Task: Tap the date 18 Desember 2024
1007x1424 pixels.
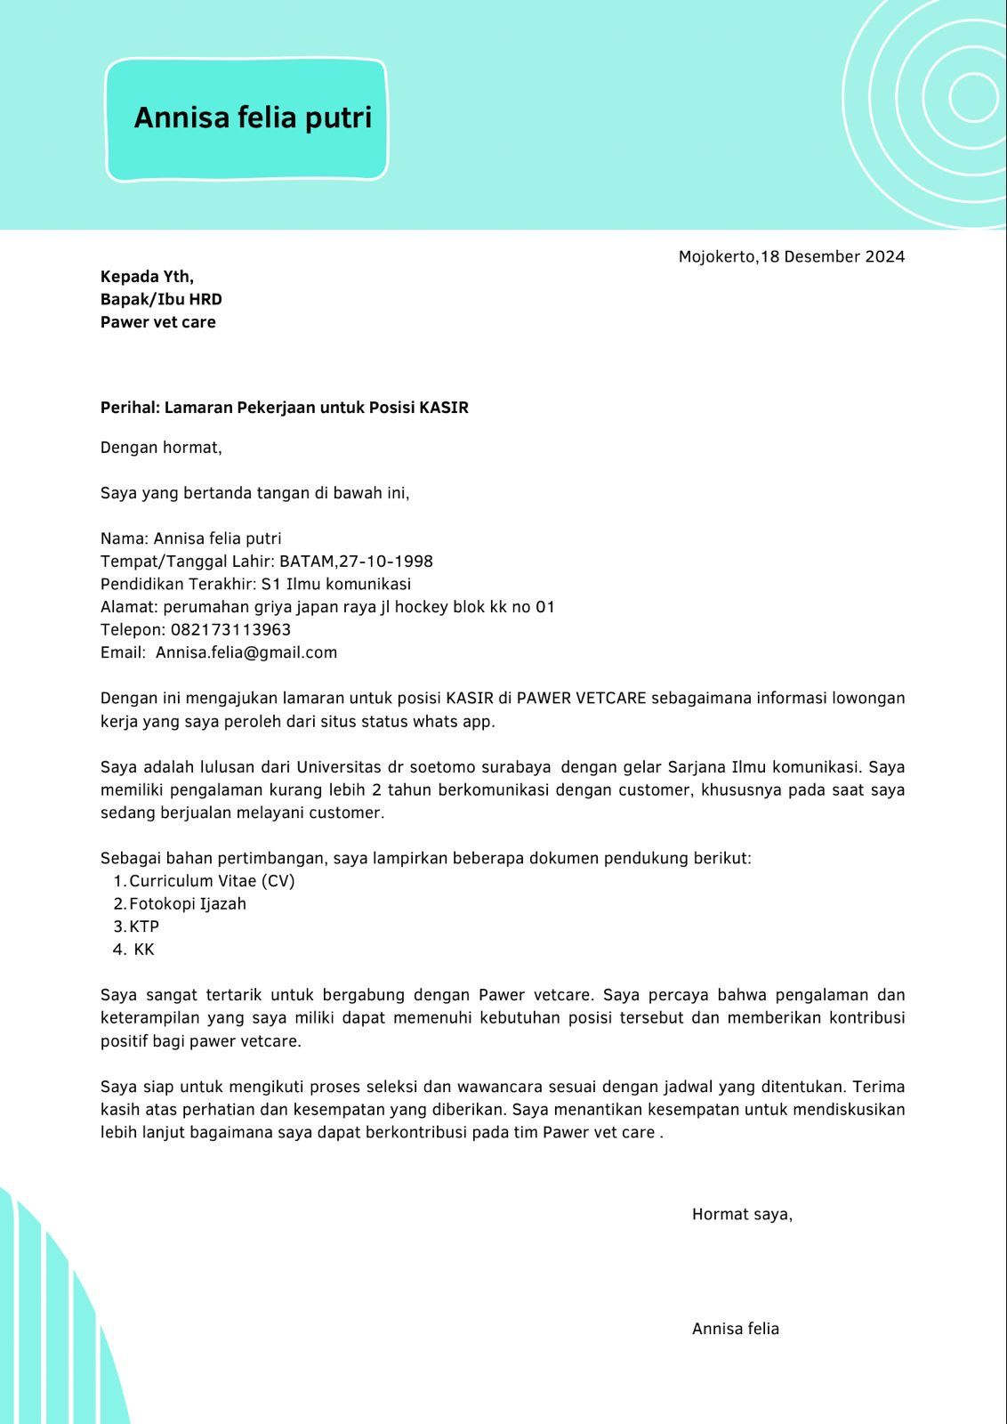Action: click(833, 257)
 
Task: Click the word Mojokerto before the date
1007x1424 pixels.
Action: click(717, 257)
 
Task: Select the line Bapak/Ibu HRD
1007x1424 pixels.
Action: click(161, 299)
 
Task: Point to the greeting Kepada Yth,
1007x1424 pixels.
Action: click(147, 276)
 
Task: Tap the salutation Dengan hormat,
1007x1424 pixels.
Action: click(161, 448)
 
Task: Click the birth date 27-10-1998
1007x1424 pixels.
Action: click(386, 562)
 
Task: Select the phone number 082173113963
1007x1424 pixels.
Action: click(230, 630)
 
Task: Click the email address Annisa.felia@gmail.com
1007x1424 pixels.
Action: click(246, 652)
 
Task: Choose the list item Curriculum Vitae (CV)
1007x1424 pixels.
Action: click(212, 881)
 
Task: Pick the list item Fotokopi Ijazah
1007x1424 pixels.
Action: click(188, 904)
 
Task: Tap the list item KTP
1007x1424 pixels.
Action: click(144, 926)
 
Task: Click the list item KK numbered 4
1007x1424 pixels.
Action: click(144, 950)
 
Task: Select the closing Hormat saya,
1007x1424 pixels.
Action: click(742, 1214)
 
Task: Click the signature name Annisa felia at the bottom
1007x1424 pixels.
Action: click(735, 1329)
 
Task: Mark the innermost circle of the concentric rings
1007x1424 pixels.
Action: click(973, 96)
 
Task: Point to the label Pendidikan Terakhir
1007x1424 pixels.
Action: click(177, 585)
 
